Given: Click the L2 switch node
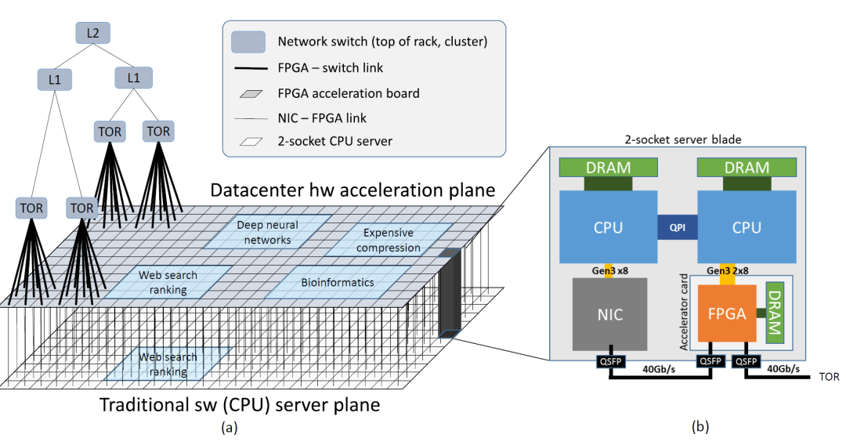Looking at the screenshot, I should tap(92, 33).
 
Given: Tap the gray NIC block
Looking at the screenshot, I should tap(610, 314).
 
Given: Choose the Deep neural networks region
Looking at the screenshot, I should tap(267, 232).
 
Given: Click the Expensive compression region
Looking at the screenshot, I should tap(391, 241).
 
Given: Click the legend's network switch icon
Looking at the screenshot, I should tap(248, 41).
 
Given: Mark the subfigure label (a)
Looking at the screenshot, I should tap(229, 427).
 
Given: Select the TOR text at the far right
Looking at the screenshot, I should tap(829, 377).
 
